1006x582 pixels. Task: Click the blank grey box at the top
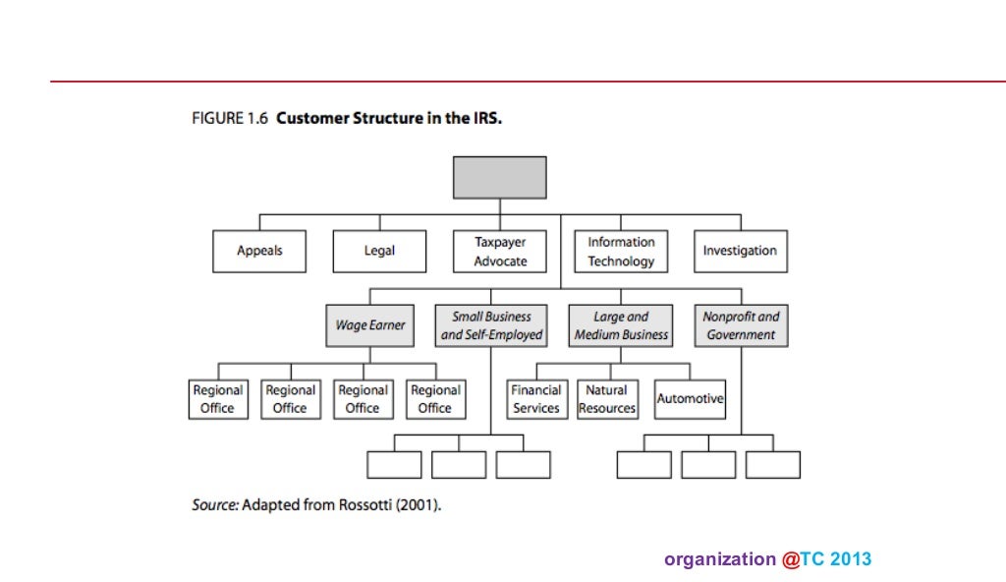click(x=499, y=177)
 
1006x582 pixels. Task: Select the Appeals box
click(x=259, y=251)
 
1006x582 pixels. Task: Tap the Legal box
click(x=379, y=251)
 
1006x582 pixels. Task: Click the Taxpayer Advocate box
click(x=500, y=251)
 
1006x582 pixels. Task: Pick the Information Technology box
click(x=621, y=251)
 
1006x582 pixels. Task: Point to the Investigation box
click(x=740, y=251)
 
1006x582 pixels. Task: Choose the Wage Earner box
click(x=369, y=325)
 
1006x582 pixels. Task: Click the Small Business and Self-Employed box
click(x=491, y=325)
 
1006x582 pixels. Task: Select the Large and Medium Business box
click(x=621, y=325)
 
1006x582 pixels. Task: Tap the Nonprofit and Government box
click(x=740, y=325)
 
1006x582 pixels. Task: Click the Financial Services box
click(x=535, y=399)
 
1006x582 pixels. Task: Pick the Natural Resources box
click(x=607, y=399)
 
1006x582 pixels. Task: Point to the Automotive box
click(x=690, y=399)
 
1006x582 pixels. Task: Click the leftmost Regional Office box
click(x=217, y=399)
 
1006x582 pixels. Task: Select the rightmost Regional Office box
click(x=434, y=399)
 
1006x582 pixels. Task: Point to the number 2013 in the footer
click(x=851, y=559)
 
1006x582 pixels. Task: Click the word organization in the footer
click(x=719, y=559)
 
